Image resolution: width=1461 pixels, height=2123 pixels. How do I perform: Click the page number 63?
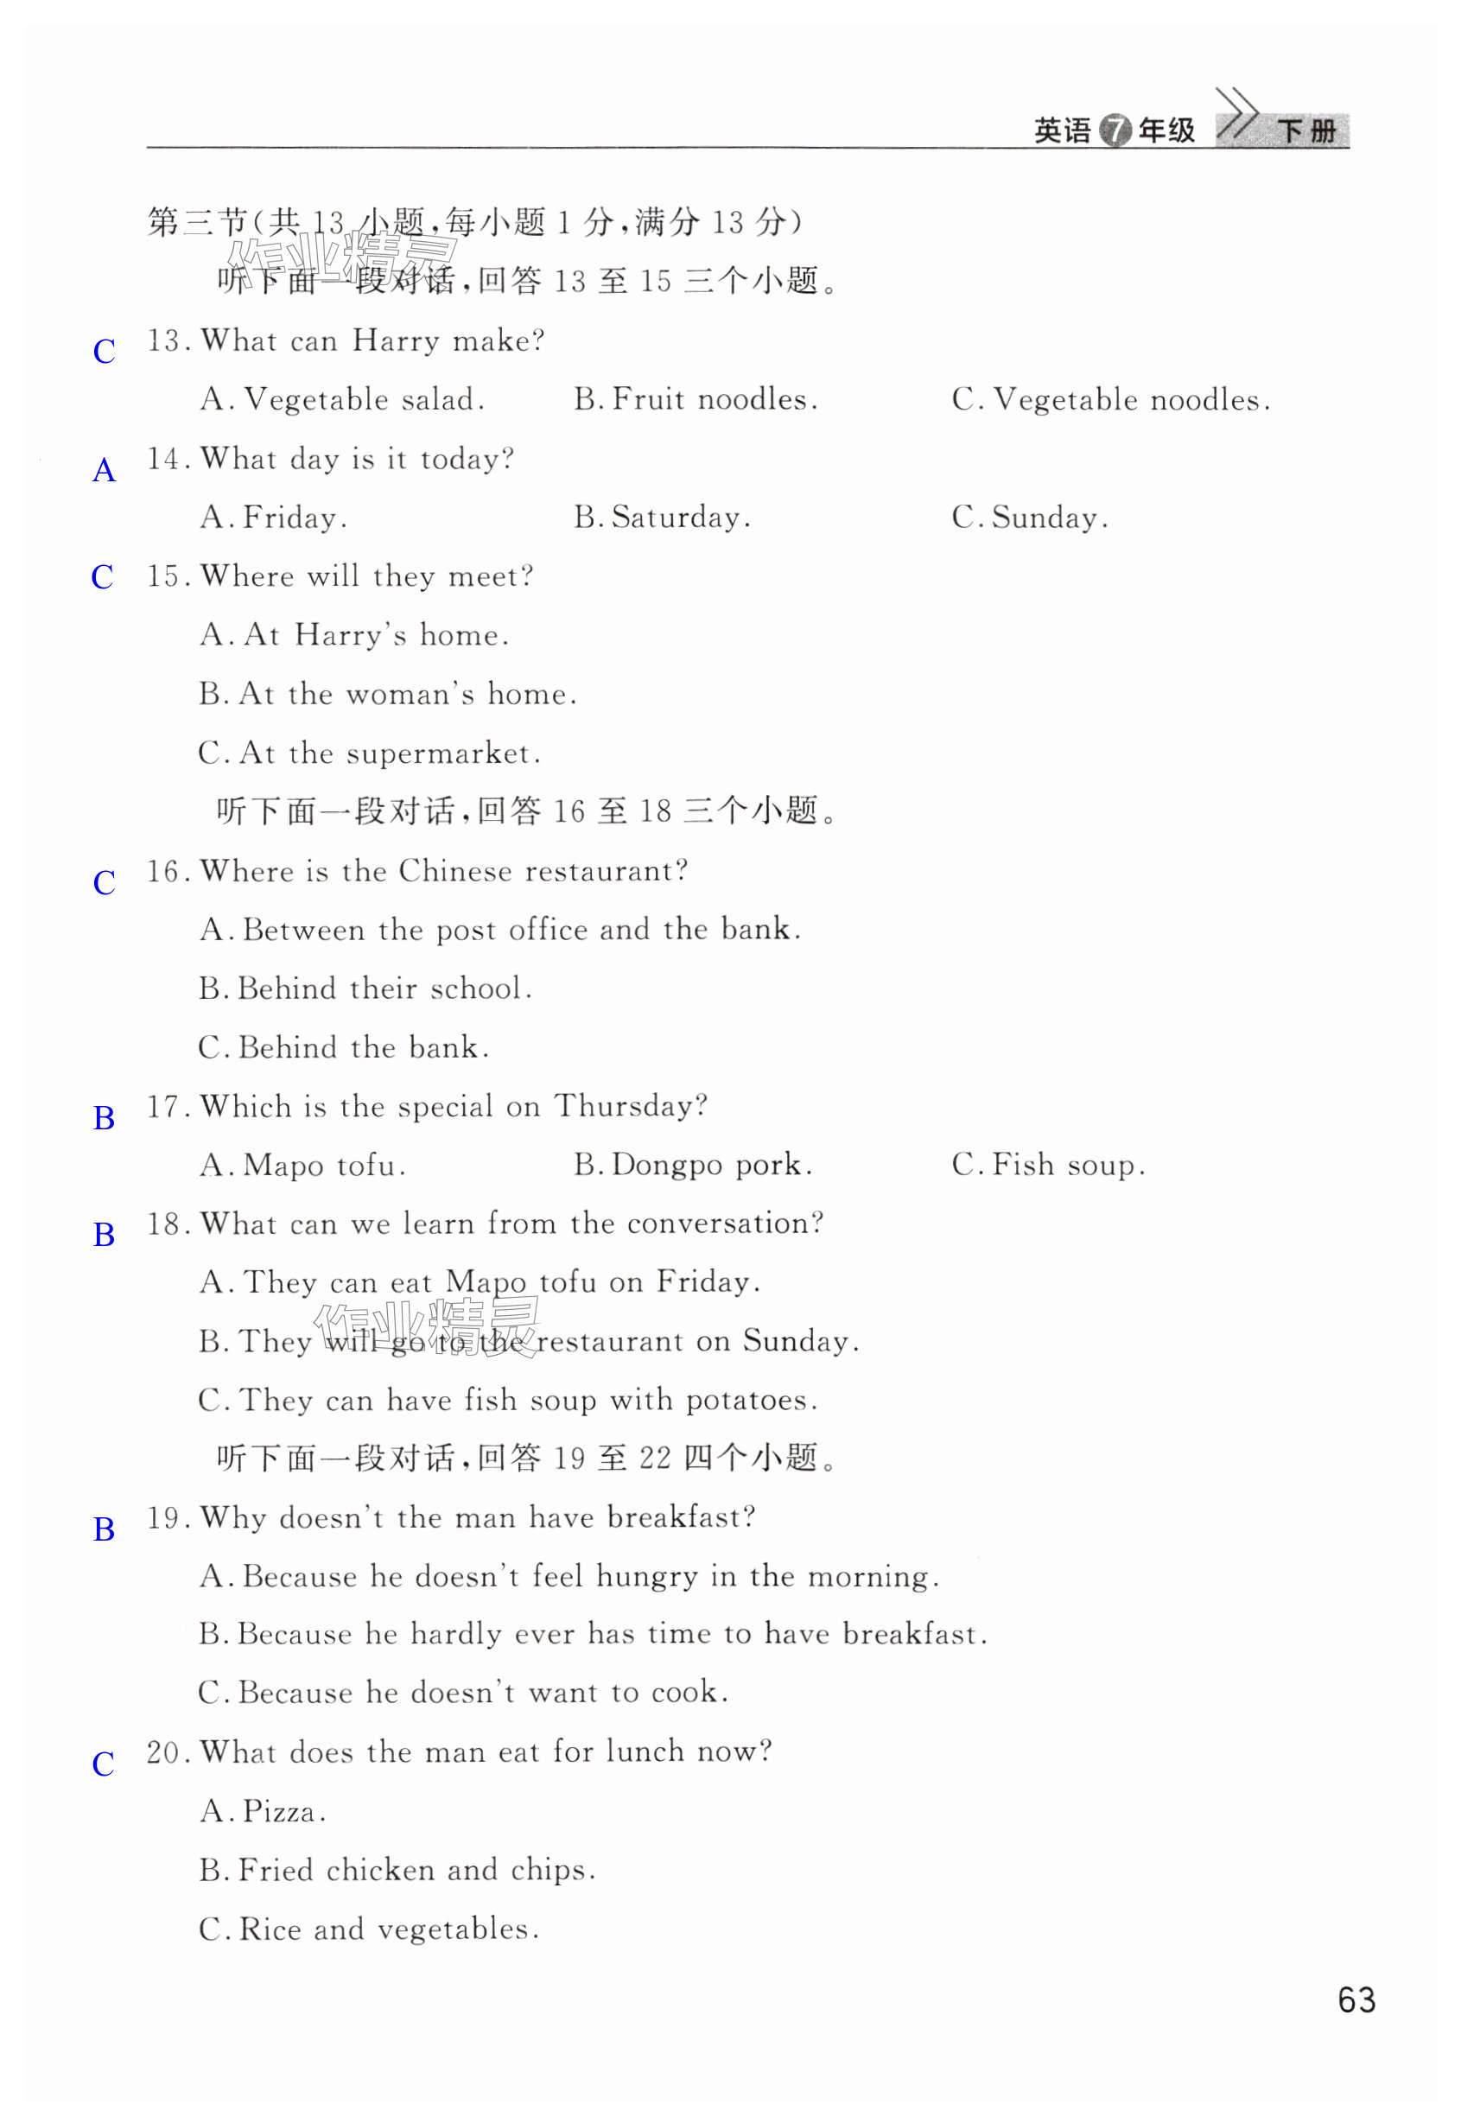click(1356, 1999)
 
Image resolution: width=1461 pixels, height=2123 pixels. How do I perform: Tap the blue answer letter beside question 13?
click(105, 352)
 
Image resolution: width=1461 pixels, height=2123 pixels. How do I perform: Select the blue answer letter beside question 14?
click(105, 471)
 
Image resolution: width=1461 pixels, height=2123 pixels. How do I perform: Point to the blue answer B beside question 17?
click(105, 1118)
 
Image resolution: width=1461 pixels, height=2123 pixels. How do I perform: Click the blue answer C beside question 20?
click(104, 1764)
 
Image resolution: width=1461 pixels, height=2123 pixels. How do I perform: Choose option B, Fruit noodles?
click(696, 399)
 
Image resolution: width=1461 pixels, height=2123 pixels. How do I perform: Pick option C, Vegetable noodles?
click(1110, 399)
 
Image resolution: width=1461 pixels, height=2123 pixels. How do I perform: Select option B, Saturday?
click(662, 518)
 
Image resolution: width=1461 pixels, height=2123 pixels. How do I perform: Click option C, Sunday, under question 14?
click(1030, 518)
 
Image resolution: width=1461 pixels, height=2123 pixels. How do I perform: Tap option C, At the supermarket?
click(370, 753)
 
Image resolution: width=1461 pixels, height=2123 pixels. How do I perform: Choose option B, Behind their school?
click(365, 988)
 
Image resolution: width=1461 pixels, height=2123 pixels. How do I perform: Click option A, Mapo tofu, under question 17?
click(303, 1165)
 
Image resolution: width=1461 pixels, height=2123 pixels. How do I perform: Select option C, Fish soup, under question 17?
click(1048, 1165)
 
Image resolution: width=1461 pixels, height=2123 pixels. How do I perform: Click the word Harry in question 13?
click(396, 340)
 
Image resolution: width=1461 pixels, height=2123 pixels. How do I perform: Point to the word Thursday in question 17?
click(630, 1106)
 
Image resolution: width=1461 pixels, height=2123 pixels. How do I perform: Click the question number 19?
click(165, 1518)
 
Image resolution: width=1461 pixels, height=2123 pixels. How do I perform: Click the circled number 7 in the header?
click(1115, 131)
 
